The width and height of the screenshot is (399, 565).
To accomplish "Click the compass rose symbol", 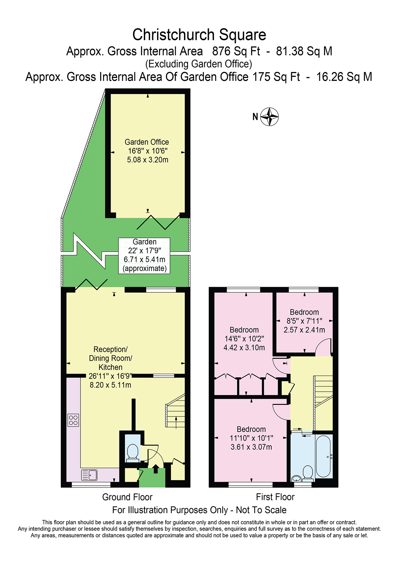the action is click(269, 117).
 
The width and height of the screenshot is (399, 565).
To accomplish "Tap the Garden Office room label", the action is click(147, 142).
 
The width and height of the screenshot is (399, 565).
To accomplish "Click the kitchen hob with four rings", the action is click(73, 420).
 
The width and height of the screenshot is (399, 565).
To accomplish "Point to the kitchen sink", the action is click(89, 475).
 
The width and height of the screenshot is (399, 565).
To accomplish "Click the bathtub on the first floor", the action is click(323, 456).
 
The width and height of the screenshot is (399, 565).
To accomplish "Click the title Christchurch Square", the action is click(199, 35).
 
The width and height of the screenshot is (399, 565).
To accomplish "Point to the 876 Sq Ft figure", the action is click(236, 51).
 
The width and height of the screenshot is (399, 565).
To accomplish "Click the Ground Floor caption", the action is click(127, 497).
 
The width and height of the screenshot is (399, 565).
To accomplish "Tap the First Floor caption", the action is click(275, 497).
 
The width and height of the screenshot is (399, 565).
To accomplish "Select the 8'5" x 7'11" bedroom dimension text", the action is click(304, 321).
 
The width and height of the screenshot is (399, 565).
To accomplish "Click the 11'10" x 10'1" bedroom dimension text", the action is click(251, 438).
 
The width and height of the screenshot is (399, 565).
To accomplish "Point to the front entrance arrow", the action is click(156, 469).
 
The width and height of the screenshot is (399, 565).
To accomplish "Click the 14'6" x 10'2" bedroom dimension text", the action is click(244, 339).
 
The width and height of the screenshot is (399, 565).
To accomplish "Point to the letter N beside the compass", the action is click(255, 117).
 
